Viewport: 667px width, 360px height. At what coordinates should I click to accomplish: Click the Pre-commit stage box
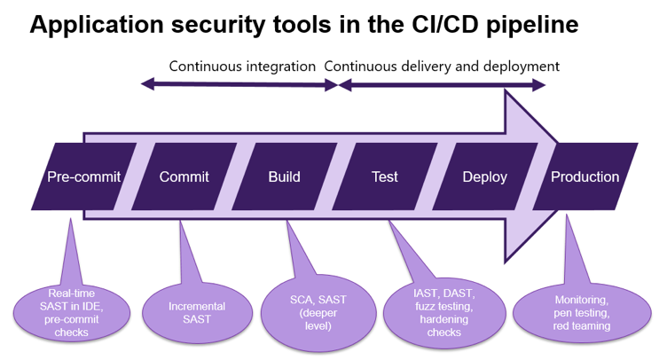(x=83, y=176)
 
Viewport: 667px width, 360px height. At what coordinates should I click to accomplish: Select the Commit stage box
(x=184, y=176)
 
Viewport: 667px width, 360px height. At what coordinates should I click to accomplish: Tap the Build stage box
(x=285, y=176)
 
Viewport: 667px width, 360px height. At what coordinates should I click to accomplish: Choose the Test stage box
(x=385, y=176)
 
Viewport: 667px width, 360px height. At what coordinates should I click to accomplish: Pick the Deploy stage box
(x=485, y=176)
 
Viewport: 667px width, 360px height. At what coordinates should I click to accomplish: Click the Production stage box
(x=585, y=176)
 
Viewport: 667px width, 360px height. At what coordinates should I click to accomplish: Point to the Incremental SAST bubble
(x=197, y=312)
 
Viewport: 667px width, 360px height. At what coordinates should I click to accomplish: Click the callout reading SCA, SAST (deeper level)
(x=316, y=312)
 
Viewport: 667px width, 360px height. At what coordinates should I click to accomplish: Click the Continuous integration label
(x=241, y=66)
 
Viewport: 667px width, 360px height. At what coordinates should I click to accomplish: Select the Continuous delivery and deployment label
(x=442, y=66)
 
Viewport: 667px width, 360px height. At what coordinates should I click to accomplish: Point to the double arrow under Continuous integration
(x=240, y=85)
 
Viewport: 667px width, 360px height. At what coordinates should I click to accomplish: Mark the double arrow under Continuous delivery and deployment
(x=443, y=85)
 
